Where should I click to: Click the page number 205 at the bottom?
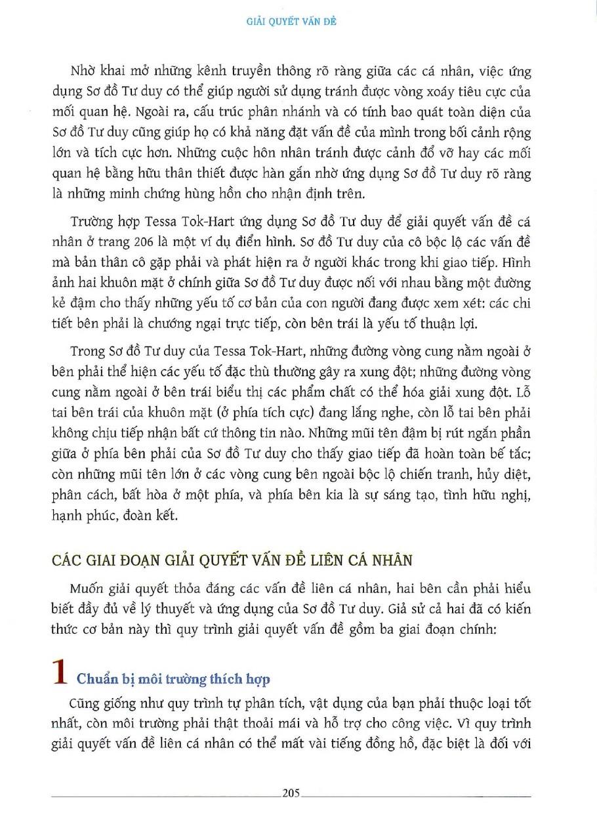(291, 793)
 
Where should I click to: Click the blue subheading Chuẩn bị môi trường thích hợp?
(173, 678)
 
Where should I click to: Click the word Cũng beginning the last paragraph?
(82, 703)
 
